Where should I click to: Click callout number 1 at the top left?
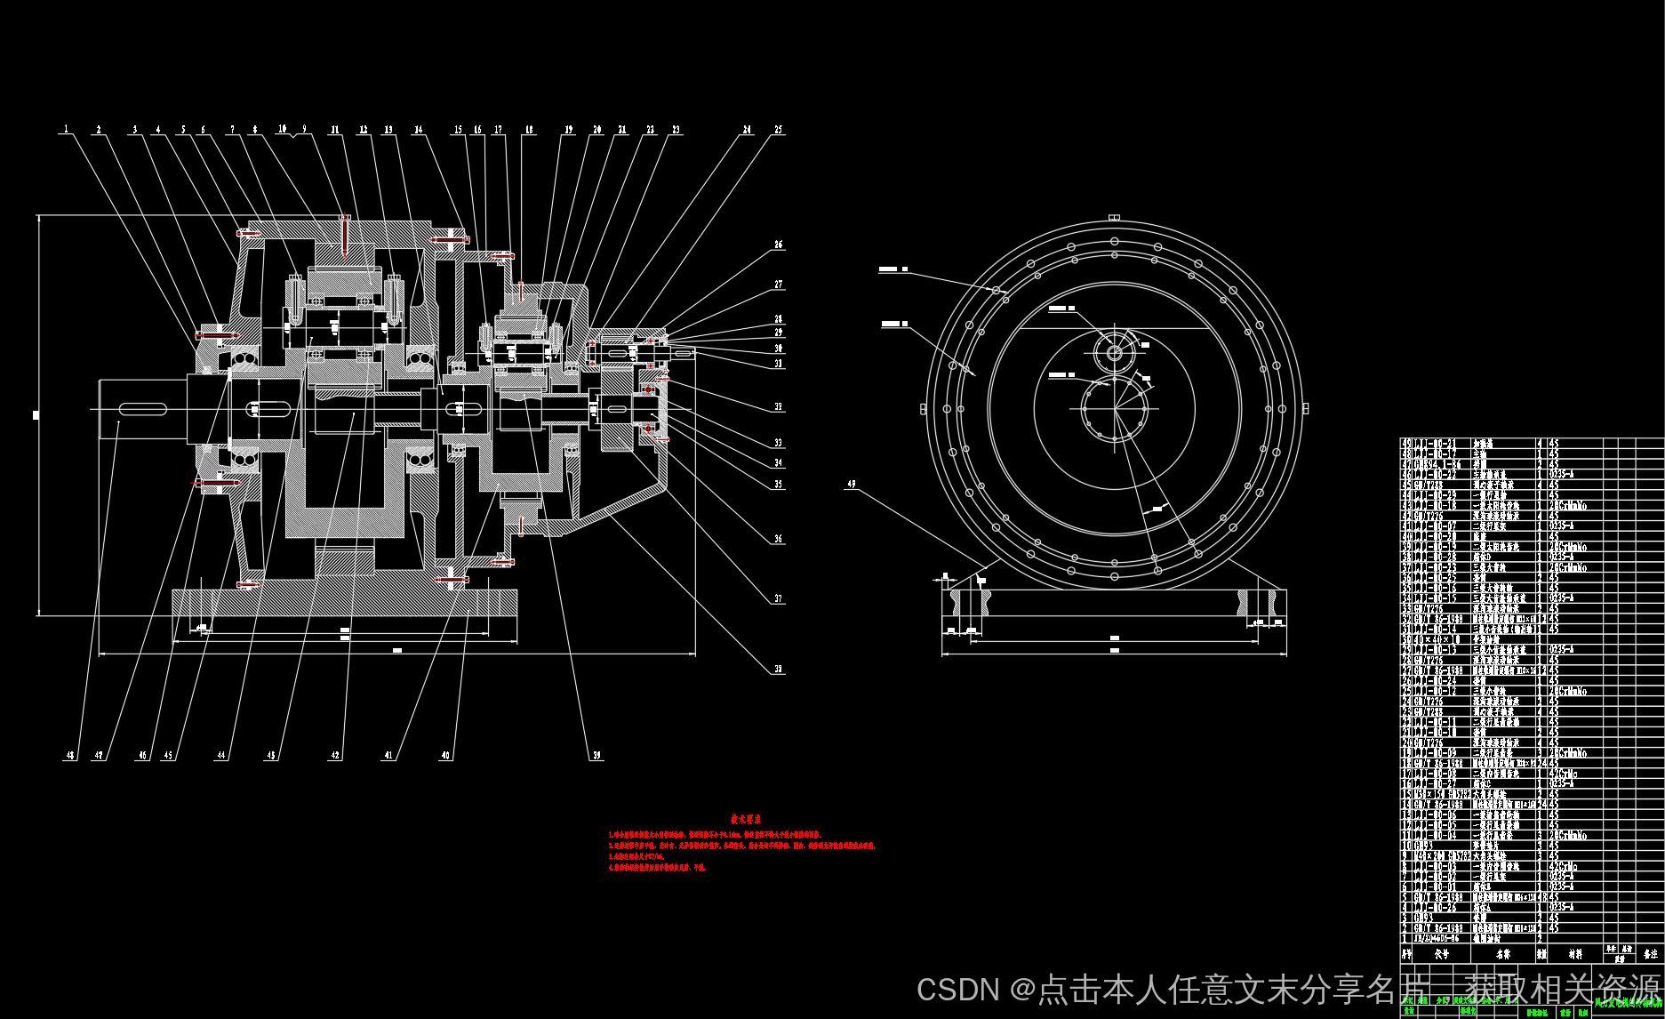[66, 130]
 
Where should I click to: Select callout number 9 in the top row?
[304, 130]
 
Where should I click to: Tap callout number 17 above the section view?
[498, 130]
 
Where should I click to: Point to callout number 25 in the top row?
[779, 130]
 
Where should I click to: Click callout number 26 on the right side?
[779, 245]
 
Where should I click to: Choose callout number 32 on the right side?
[779, 407]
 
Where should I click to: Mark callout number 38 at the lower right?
[779, 670]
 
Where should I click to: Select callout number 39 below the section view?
[596, 756]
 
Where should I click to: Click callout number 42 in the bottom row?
[335, 756]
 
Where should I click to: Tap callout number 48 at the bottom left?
[69, 756]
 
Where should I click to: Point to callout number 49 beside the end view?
[852, 485]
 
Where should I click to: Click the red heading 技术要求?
[745, 819]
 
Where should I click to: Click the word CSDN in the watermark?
[957, 990]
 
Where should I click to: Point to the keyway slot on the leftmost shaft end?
[142, 409]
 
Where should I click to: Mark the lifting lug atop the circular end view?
[1114, 217]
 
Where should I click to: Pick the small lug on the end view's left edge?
[924, 409]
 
